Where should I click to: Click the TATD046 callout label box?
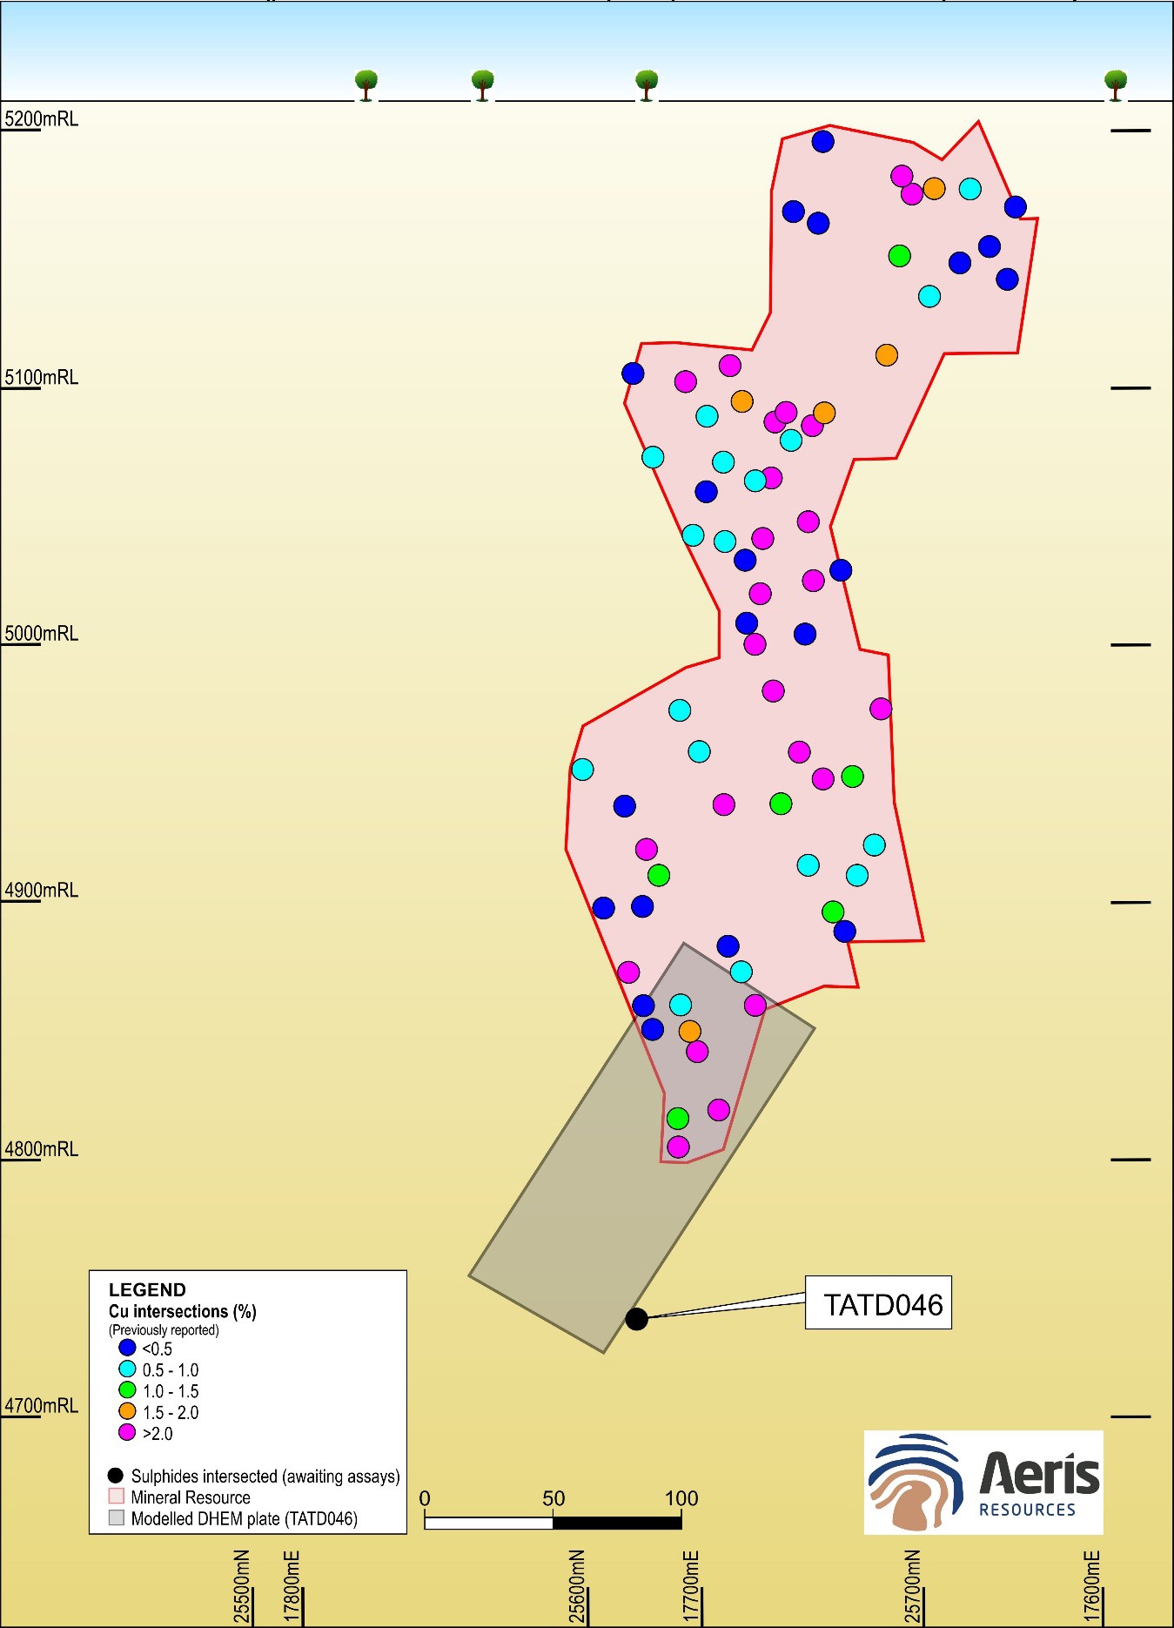click(x=878, y=1302)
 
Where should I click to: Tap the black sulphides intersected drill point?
click(x=636, y=1319)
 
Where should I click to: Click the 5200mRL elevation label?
click(x=42, y=119)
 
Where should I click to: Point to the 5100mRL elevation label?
click(x=42, y=378)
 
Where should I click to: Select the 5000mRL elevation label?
click(x=42, y=634)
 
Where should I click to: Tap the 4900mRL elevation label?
click(x=42, y=891)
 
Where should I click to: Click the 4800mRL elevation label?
click(x=42, y=1149)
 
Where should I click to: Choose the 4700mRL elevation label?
click(x=42, y=1406)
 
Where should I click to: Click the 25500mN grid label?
click(x=243, y=1586)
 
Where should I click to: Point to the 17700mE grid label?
click(x=692, y=1586)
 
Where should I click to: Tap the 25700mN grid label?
click(x=912, y=1586)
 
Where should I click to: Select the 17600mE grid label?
click(x=1093, y=1586)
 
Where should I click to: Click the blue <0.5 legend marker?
click(x=127, y=1348)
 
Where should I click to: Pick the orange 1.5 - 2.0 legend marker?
click(x=127, y=1411)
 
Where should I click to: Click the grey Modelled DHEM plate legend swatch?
click(x=117, y=1518)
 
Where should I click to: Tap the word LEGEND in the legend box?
click(x=147, y=1289)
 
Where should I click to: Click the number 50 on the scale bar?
click(x=553, y=1498)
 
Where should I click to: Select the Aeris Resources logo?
click(x=983, y=1482)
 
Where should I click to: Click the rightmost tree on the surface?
click(x=1116, y=84)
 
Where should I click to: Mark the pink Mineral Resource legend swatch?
click(x=117, y=1497)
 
